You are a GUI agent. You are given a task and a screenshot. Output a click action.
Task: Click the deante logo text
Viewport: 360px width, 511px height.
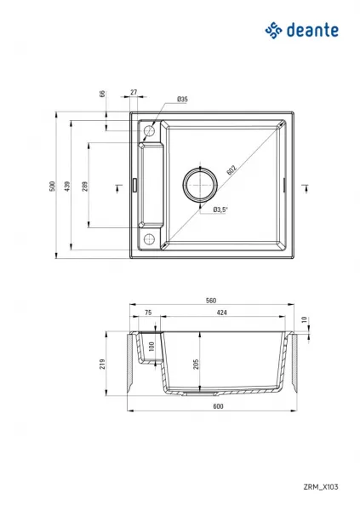(312, 30)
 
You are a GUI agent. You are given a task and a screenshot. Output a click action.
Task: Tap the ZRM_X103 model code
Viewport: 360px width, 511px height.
(321, 487)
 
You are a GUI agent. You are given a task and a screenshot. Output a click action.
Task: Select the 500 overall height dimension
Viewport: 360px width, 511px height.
(53, 186)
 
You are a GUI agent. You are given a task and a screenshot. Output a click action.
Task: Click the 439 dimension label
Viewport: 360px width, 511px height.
(66, 186)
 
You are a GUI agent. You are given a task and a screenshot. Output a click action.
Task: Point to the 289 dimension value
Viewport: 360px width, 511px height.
(85, 186)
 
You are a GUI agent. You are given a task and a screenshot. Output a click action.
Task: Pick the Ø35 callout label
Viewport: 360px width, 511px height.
(182, 99)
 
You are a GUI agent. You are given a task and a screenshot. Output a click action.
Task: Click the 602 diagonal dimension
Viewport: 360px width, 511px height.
(231, 170)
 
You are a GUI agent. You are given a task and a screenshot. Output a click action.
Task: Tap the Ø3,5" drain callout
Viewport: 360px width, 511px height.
(220, 210)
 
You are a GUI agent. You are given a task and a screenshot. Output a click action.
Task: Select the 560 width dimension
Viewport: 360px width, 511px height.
(211, 301)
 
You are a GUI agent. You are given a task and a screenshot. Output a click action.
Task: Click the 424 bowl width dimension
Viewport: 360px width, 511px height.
(221, 313)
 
